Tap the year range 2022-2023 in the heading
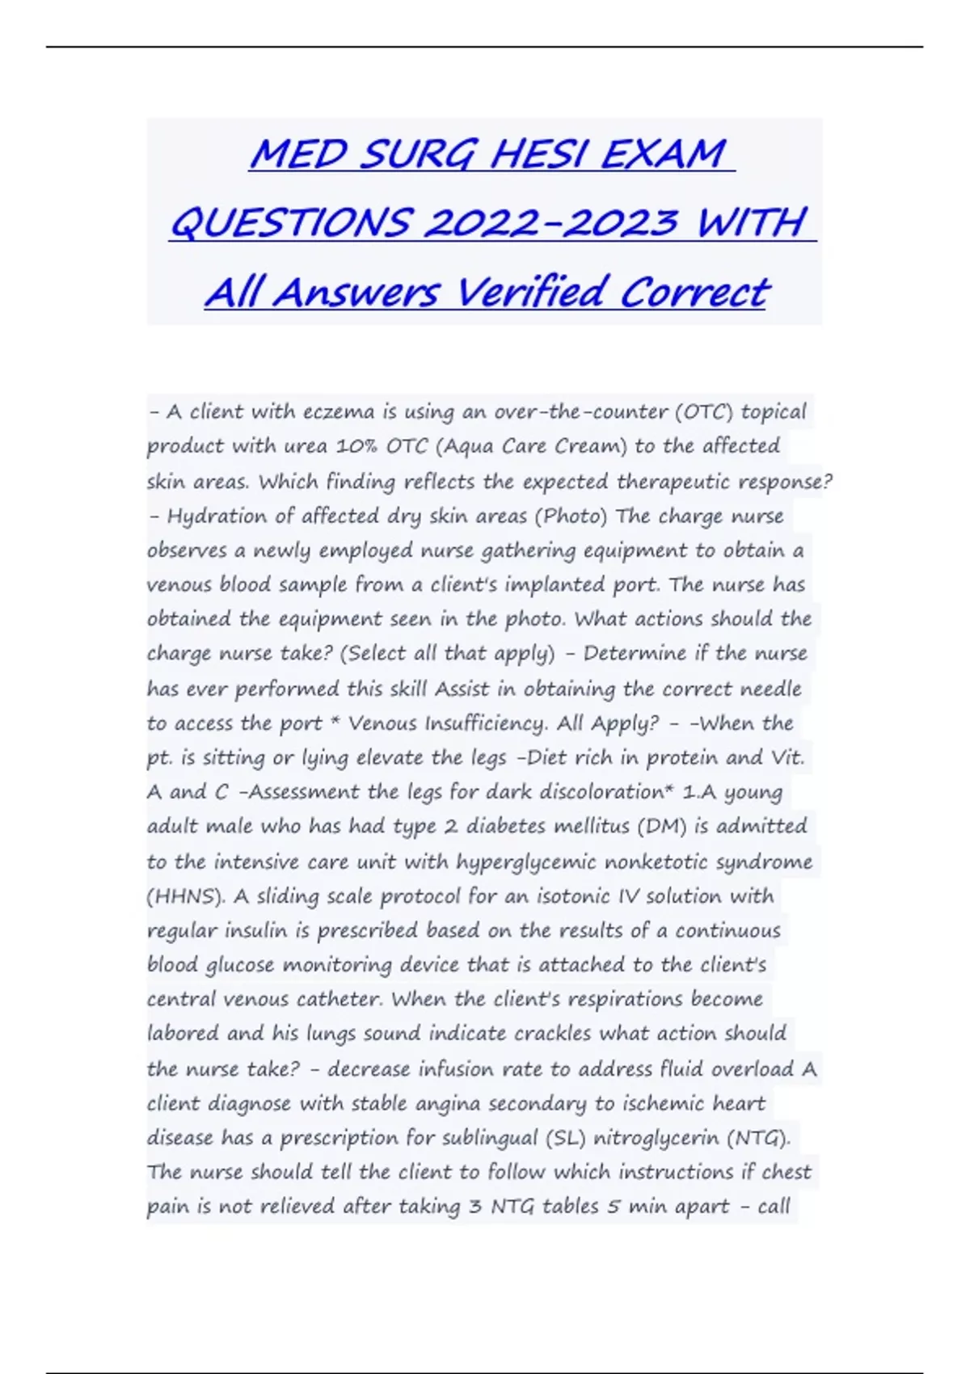550,223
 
